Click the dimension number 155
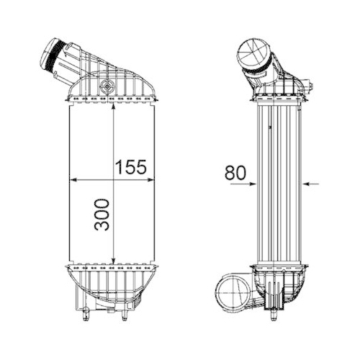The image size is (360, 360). (131, 166)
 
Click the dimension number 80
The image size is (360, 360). (235, 173)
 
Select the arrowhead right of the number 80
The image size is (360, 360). (251, 184)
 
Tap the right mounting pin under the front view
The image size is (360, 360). (126, 315)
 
